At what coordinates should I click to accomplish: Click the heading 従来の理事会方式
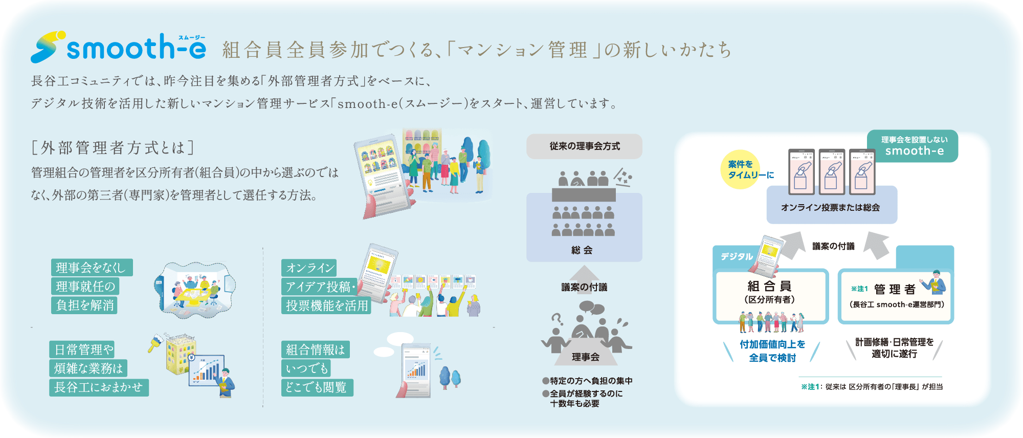pos(585,146)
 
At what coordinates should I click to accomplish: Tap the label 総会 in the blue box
pos(582,250)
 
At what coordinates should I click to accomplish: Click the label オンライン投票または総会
pos(831,207)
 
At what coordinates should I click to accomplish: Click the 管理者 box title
pos(895,290)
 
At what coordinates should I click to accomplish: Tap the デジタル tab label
pos(737,256)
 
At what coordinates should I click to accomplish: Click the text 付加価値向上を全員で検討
pos(772,351)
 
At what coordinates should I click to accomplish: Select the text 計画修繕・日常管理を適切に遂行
pos(895,348)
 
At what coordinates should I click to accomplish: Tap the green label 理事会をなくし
pos(92,268)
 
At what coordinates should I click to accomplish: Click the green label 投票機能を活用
pos(326,305)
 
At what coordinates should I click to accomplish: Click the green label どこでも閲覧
pos(317,387)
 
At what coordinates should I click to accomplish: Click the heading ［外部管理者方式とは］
pos(113,148)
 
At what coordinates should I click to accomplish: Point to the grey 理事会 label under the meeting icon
pos(586,357)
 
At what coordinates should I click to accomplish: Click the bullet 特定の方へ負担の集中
pos(588,381)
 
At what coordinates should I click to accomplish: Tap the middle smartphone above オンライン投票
pos(832,171)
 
